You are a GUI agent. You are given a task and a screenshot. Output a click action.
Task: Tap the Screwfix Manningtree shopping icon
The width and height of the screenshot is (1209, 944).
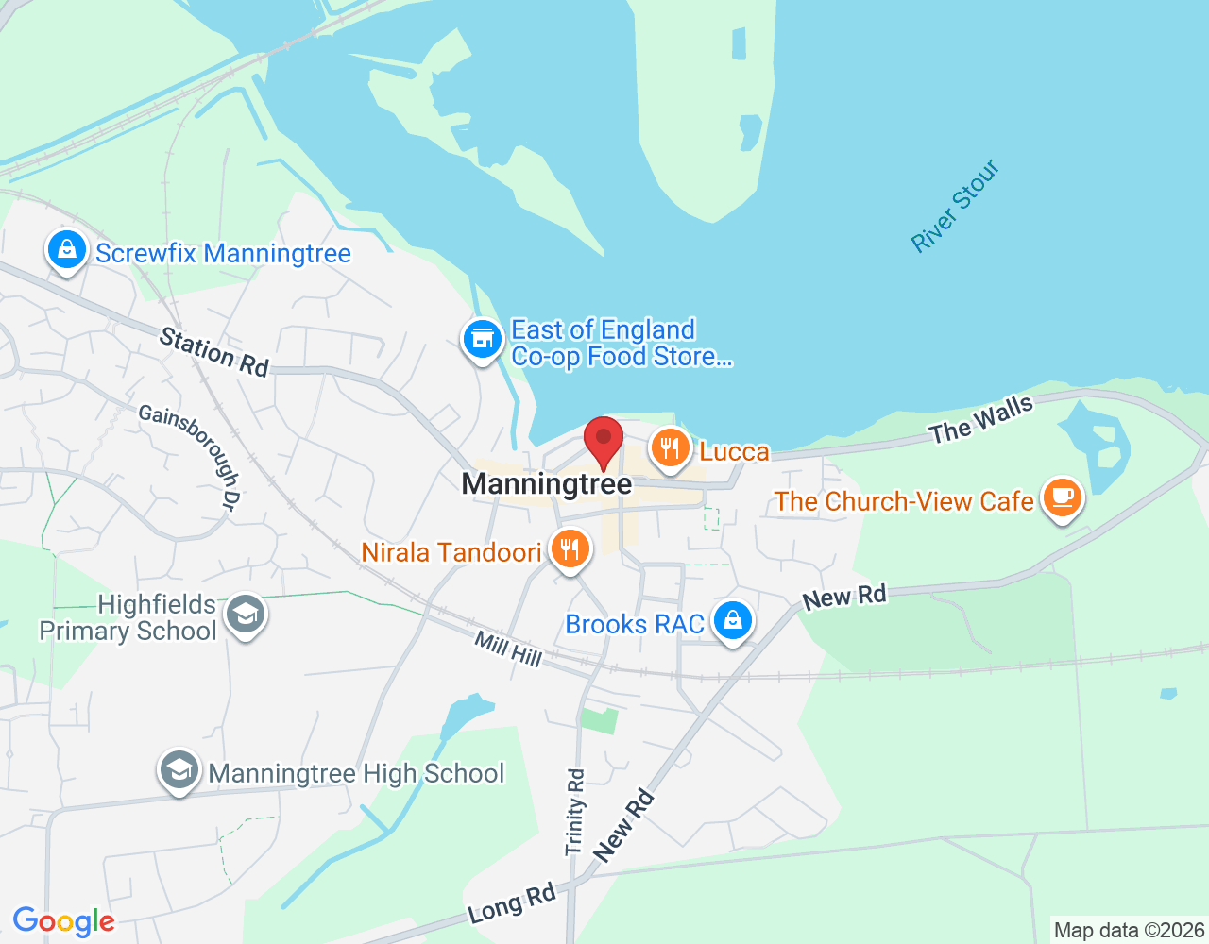(66, 251)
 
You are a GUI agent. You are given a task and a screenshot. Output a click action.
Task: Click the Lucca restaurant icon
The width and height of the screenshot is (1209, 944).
(670, 448)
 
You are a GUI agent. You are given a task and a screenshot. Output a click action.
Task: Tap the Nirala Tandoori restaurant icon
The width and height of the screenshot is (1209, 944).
(570, 548)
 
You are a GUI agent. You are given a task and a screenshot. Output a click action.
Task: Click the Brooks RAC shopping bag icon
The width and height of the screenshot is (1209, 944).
(732, 621)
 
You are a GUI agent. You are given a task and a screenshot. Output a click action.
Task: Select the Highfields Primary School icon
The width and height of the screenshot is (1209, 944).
(246, 615)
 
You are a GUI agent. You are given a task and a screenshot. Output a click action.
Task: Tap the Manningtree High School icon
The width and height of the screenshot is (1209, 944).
(179, 770)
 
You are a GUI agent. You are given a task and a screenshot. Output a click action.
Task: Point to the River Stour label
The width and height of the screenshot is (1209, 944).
(955, 206)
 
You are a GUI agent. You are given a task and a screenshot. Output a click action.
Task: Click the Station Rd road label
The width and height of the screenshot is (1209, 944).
(214, 352)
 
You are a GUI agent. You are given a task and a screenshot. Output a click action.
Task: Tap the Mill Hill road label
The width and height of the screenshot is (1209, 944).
(508, 649)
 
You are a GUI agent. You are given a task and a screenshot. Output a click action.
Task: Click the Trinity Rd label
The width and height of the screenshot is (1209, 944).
(575, 812)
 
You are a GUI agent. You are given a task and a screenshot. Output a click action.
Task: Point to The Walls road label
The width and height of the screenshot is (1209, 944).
(981, 420)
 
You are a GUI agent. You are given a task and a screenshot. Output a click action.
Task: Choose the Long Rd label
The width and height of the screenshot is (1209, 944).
(512, 904)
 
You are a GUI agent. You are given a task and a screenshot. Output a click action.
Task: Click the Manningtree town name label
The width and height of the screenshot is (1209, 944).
(546, 484)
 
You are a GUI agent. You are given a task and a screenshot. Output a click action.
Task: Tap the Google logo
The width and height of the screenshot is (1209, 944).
(64, 921)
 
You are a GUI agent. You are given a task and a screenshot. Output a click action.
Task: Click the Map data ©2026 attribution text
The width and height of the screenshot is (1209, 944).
(1129, 931)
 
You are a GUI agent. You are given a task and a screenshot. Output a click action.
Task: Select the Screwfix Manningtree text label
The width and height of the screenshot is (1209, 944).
(223, 253)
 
